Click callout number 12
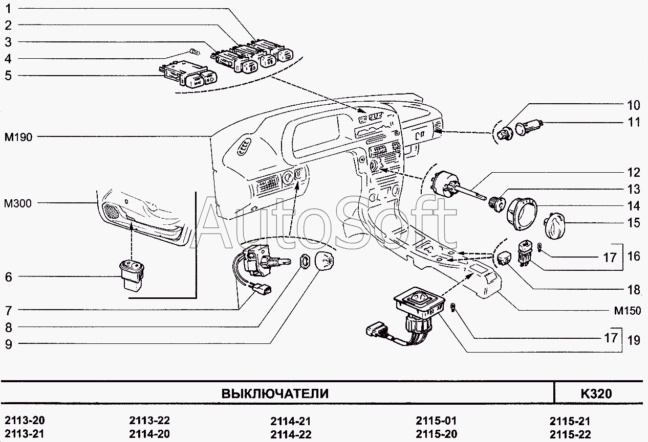pyautogui.click(x=634, y=172)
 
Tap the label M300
pyautogui.click(x=18, y=204)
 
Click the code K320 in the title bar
pyautogui.click(x=596, y=393)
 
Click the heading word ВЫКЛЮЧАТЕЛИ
pyautogui.click(x=274, y=393)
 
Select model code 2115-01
pyautogui.click(x=436, y=421)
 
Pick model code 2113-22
pyautogui.click(x=149, y=421)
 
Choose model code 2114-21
pyautogui.click(x=290, y=422)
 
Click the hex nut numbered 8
pyautogui.click(x=304, y=261)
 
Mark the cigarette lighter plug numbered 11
pyautogui.click(x=527, y=127)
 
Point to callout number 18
pyautogui.click(x=634, y=290)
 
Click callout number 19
pyautogui.click(x=634, y=339)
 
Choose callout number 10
pyautogui.click(x=634, y=106)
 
